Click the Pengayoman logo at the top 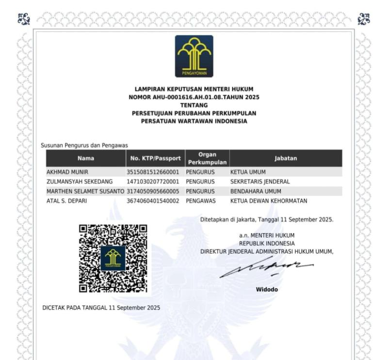pyautogui.click(x=194, y=56)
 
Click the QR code pyautogui.click(x=113, y=258)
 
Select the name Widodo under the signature pyautogui.click(x=267, y=290)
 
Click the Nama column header pyautogui.click(x=85, y=158)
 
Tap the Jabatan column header pyautogui.click(x=285, y=158)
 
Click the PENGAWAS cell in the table pyautogui.click(x=200, y=201)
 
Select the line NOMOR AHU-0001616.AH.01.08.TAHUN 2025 pyautogui.click(x=194, y=97)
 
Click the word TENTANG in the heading pyautogui.click(x=194, y=105)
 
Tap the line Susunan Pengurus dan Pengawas pyautogui.click(x=81, y=145)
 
